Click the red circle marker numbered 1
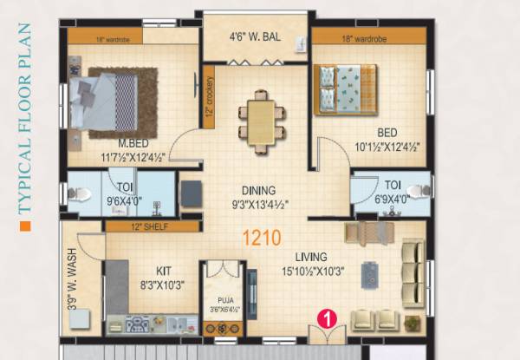pyautogui.click(x=327, y=318)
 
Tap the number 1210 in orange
pyautogui.click(x=262, y=235)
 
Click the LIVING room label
pyautogui.click(x=309, y=257)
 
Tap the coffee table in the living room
pyautogui.click(x=370, y=275)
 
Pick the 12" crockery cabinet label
pyautogui.click(x=209, y=96)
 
